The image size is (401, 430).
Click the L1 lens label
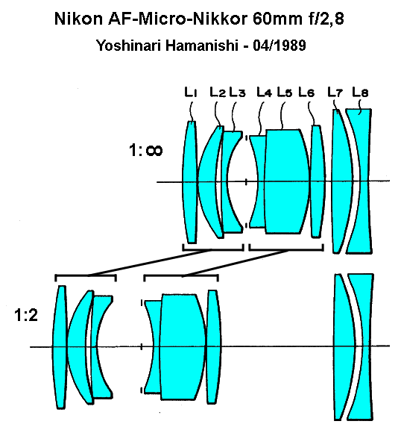[191, 92]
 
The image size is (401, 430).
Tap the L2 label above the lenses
[218, 92]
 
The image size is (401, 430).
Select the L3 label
[237, 92]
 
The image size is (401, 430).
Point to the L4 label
[264, 92]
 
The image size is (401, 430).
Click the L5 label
[285, 92]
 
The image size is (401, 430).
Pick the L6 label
[306, 92]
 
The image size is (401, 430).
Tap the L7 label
[335, 92]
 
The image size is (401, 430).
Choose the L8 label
[360, 92]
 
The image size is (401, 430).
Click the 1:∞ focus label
[145, 150]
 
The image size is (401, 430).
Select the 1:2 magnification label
[26, 315]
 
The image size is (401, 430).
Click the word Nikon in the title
[78, 19]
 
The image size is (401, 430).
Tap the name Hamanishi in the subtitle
[202, 46]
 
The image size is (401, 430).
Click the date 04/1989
[280, 46]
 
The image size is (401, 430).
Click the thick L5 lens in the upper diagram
[287, 181]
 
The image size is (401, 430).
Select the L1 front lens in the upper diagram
[189, 182]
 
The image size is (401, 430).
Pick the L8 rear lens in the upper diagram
[364, 181]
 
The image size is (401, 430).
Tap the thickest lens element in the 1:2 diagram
[183, 346]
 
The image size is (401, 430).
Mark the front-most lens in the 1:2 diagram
[60, 347]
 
